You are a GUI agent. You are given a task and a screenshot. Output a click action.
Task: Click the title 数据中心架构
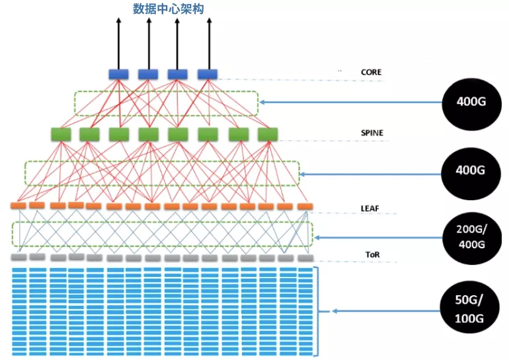pos(167,9)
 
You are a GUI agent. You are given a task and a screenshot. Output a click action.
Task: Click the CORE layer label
pos(371,72)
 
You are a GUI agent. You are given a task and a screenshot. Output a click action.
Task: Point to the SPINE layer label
pos(372,133)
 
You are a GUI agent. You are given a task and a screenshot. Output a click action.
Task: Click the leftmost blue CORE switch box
pos(118,74)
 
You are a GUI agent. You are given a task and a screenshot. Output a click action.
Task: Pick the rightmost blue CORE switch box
pos(208,74)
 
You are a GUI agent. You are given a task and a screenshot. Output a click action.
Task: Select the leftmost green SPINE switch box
pos(61,135)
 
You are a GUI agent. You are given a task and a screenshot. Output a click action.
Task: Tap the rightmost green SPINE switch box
pos(268,135)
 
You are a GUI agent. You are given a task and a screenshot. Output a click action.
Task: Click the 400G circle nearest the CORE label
pos(471,102)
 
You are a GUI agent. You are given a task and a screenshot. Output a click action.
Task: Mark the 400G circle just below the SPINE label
pos(471,170)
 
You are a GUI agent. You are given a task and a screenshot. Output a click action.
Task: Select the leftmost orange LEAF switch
pos(17,206)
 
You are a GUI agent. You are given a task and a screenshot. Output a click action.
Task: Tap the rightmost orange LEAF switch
pos(305,207)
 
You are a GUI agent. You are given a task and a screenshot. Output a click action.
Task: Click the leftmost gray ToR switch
pos(19,257)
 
